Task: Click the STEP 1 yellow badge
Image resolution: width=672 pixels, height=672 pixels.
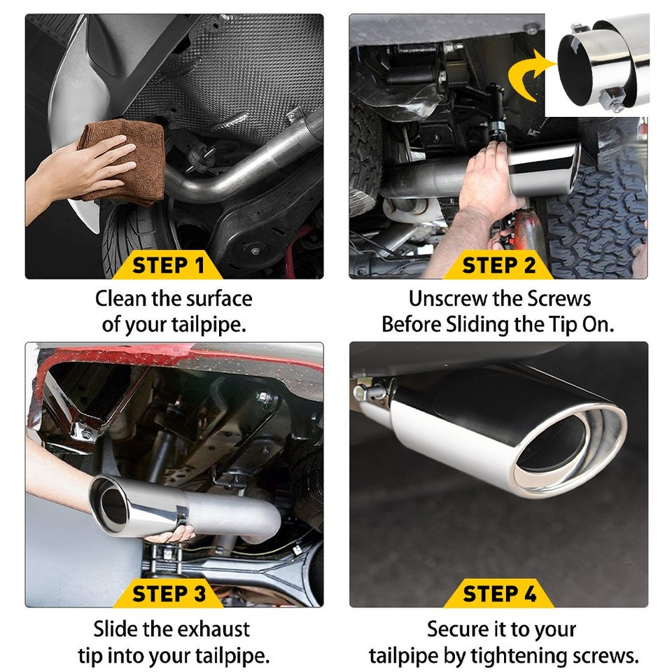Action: (168, 266)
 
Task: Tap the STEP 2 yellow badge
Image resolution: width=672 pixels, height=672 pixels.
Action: (499, 266)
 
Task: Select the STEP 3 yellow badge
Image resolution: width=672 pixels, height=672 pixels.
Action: (169, 594)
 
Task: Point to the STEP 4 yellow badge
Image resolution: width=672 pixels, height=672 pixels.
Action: (499, 594)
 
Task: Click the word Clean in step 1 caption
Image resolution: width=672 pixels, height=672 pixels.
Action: (120, 299)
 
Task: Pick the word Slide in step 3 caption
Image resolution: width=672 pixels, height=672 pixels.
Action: (116, 629)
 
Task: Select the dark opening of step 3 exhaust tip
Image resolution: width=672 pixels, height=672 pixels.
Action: (111, 506)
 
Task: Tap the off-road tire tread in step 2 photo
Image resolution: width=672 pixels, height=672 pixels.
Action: (602, 210)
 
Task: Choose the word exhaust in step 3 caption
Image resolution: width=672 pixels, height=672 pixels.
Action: (211, 629)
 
